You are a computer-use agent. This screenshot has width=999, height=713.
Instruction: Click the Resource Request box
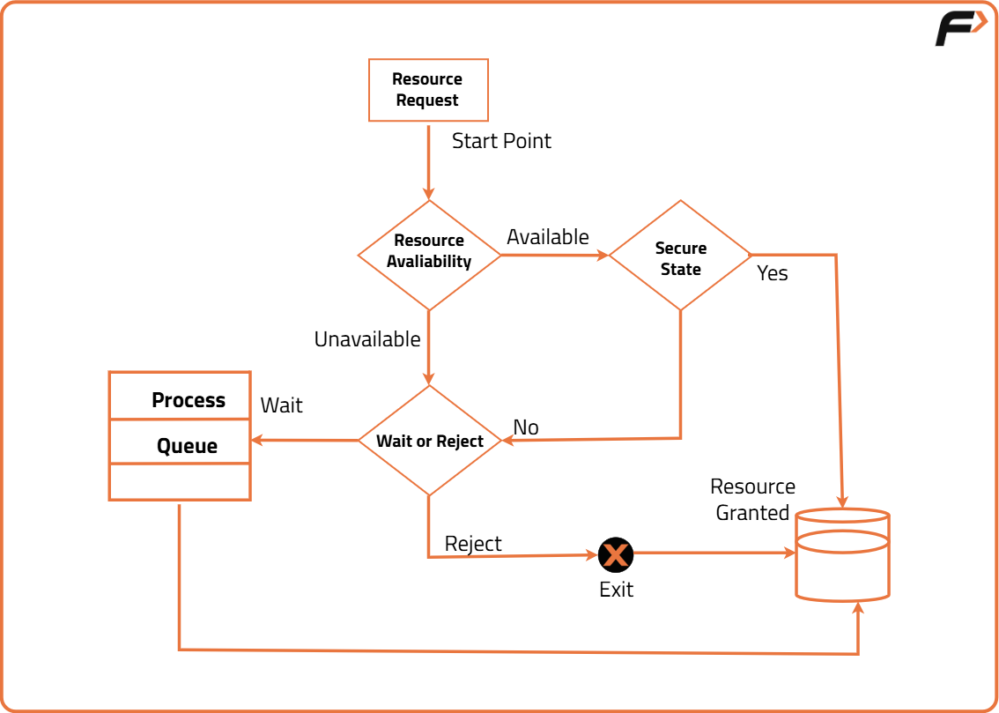pos(427,90)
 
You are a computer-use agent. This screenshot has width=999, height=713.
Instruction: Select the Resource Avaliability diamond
pos(429,255)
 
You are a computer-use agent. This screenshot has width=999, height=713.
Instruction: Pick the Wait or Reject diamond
pos(429,441)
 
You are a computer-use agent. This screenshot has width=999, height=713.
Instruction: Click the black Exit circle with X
pos(616,554)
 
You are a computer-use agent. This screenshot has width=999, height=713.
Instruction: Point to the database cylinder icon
pos(842,555)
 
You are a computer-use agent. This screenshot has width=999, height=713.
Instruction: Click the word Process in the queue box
pos(189,400)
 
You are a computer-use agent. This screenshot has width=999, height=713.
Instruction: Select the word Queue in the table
pos(187,446)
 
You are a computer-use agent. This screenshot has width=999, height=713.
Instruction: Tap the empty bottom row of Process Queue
pos(180,482)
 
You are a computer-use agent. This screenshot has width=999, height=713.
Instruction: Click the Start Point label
pos(501,141)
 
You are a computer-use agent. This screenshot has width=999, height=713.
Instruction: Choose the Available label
pos(548,237)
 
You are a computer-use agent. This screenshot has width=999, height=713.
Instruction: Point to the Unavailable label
pos(367,339)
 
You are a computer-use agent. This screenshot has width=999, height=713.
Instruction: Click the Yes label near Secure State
pos(773,273)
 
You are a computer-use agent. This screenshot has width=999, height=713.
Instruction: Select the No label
pos(526,427)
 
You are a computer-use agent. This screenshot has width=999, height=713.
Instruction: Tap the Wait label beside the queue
pos(282,405)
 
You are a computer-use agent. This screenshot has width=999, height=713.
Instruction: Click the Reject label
pos(473,544)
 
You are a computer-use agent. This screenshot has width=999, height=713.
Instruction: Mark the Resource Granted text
pos(753,500)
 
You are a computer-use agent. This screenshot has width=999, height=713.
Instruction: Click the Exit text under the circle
pos(616,590)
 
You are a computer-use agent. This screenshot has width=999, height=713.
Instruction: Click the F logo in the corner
pos(960,29)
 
